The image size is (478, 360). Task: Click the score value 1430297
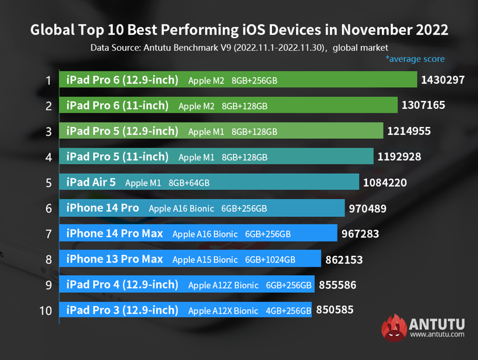coord(443,80)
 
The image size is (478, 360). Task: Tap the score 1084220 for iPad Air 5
coord(384,183)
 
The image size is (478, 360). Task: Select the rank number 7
coord(49,234)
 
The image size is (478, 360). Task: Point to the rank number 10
coord(47,311)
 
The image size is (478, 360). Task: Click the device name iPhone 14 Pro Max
coord(114,234)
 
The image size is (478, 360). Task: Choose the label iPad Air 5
coord(91,182)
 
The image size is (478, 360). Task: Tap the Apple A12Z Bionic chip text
coord(223,285)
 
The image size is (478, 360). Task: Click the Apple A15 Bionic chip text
coord(205,260)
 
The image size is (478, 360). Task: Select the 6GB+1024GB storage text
coord(270,260)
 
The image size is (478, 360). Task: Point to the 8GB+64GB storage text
coord(189,183)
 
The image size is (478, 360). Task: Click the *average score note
coord(415,59)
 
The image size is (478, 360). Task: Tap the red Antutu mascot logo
coord(393,328)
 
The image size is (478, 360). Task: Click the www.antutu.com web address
coord(437,334)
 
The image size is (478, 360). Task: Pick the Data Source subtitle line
coord(239,47)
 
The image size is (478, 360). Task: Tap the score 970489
coord(367,208)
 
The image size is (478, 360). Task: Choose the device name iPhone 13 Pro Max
coord(114,259)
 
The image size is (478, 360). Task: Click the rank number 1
coord(49,80)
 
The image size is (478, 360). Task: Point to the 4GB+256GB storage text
coord(289,311)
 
